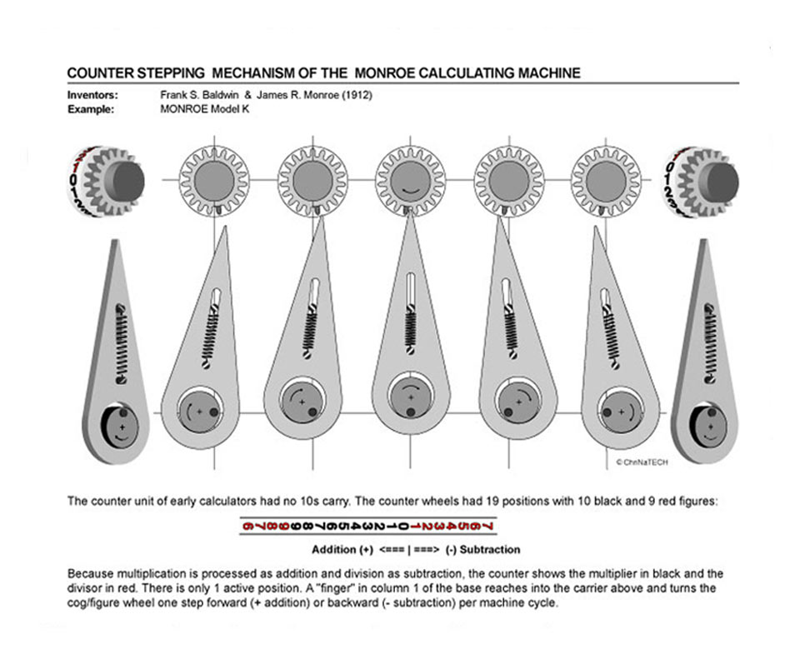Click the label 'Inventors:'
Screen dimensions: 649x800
pyautogui.click(x=92, y=95)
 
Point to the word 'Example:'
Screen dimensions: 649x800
pyautogui.click(x=90, y=109)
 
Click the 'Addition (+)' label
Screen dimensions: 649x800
pyautogui.click(x=342, y=550)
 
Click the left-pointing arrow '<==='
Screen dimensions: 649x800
pyautogui.click(x=392, y=550)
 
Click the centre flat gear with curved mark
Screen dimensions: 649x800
pyautogui.click(x=409, y=179)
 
